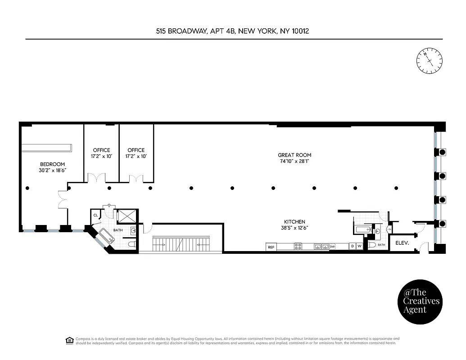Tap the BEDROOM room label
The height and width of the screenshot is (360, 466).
tap(52, 164)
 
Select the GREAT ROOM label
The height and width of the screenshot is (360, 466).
tap(295, 155)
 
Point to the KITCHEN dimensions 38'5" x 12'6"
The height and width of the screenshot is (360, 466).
tap(295, 228)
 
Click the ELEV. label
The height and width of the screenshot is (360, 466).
tap(402, 243)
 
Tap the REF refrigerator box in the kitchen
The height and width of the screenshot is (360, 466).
tap(271, 247)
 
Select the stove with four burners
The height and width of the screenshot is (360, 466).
tap(298, 247)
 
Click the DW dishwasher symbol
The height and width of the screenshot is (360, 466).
tap(332, 247)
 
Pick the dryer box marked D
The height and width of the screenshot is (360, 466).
tap(353, 247)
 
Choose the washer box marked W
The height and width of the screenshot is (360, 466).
tap(359, 247)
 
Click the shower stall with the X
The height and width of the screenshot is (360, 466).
tap(126, 216)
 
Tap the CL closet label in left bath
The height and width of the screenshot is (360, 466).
tap(95, 216)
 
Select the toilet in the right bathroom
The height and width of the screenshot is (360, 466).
tap(372, 245)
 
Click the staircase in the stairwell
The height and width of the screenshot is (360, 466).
tap(181, 245)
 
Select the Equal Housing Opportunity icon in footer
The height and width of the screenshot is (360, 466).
tap(69, 340)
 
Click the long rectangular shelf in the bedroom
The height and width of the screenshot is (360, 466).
tap(47, 148)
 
